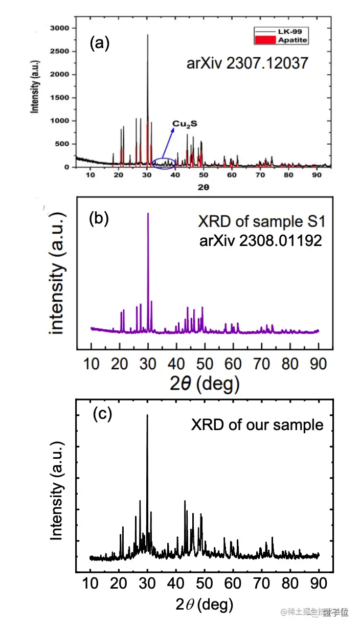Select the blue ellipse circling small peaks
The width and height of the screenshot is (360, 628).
pyautogui.click(x=166, y=164)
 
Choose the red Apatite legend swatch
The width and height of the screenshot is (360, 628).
pyautogui.click(x=267, y=39)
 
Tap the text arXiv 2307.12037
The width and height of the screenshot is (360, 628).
pyautogui.click(x=246, y=63)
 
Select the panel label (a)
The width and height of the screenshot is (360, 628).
pyautogui.click(x=99, y=44)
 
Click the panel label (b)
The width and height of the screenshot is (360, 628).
pyautogui.click(x=99, y=218)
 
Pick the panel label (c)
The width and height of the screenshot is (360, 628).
pyautogui.click(x=102, y=414)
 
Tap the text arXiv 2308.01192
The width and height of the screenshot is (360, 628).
pyautogui.click(x=261, y=240)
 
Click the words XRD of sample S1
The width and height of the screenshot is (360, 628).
pyautogui.click(x=261, y=222)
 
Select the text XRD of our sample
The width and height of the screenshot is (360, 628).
pyautogui.click(x=257, y=425)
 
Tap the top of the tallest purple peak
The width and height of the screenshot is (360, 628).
pyautogui.click(x=148, y=213)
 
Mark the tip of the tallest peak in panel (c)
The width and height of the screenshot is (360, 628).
pyautogui.click(x=147, y=415)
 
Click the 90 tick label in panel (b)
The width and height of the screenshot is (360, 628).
pyautogui.click(x=318, y=364)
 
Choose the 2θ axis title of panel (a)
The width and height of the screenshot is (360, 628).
pyautogui.click(x=202, y=187)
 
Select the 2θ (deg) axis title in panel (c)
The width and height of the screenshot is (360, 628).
pyautogui.click(x=204, y=605)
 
